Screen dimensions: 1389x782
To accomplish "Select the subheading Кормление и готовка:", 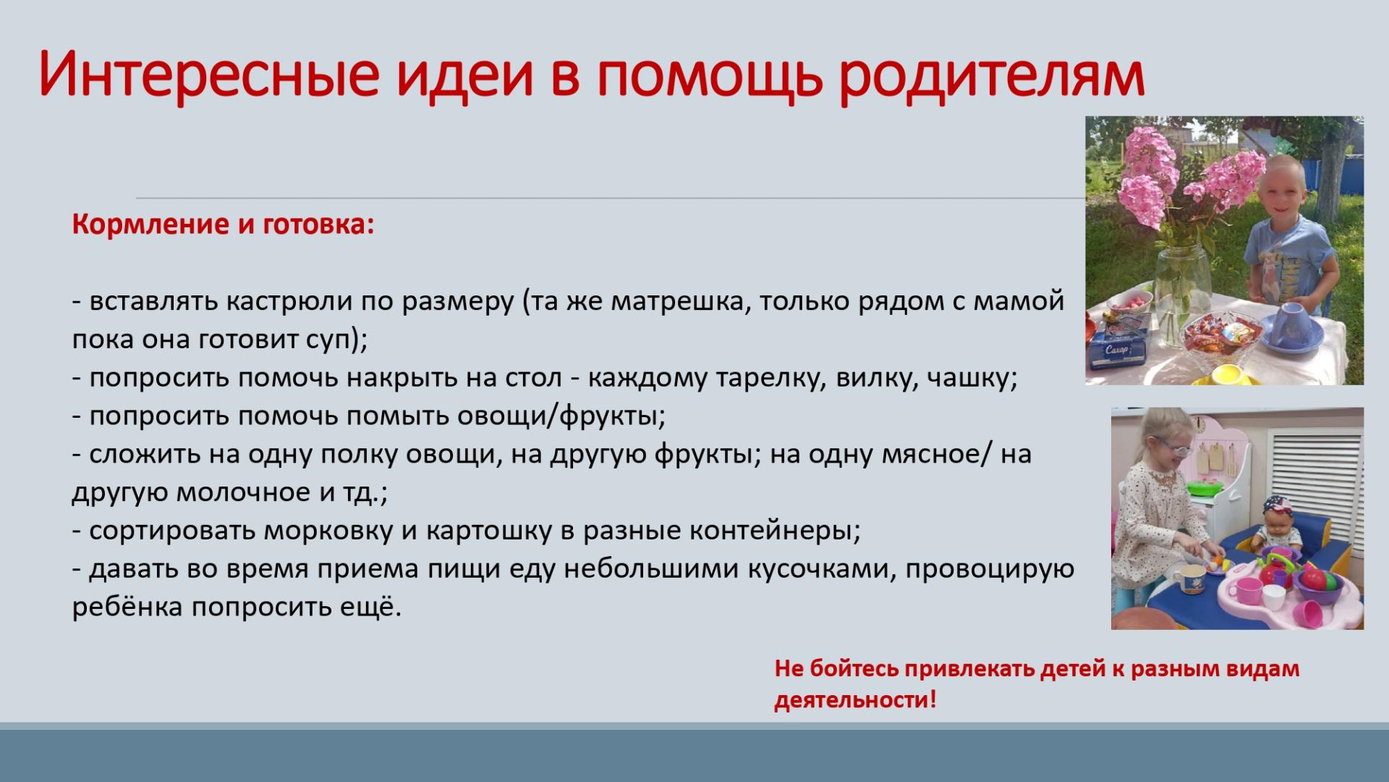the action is point(223,224).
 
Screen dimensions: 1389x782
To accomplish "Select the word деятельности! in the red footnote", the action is point(856,699).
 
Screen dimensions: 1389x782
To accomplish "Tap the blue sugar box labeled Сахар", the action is point(1118,346).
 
